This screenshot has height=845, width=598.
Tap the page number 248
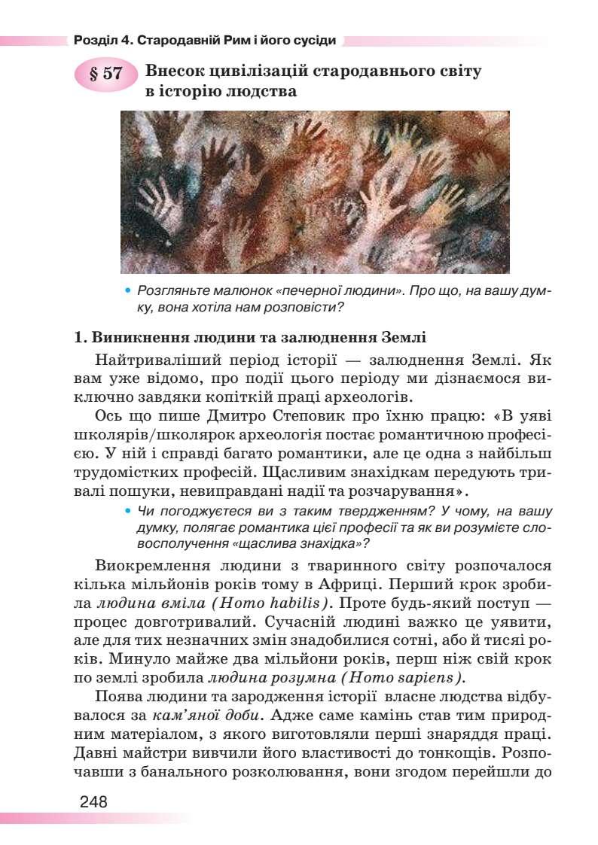pyautogui.click(x=93, y=801)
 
